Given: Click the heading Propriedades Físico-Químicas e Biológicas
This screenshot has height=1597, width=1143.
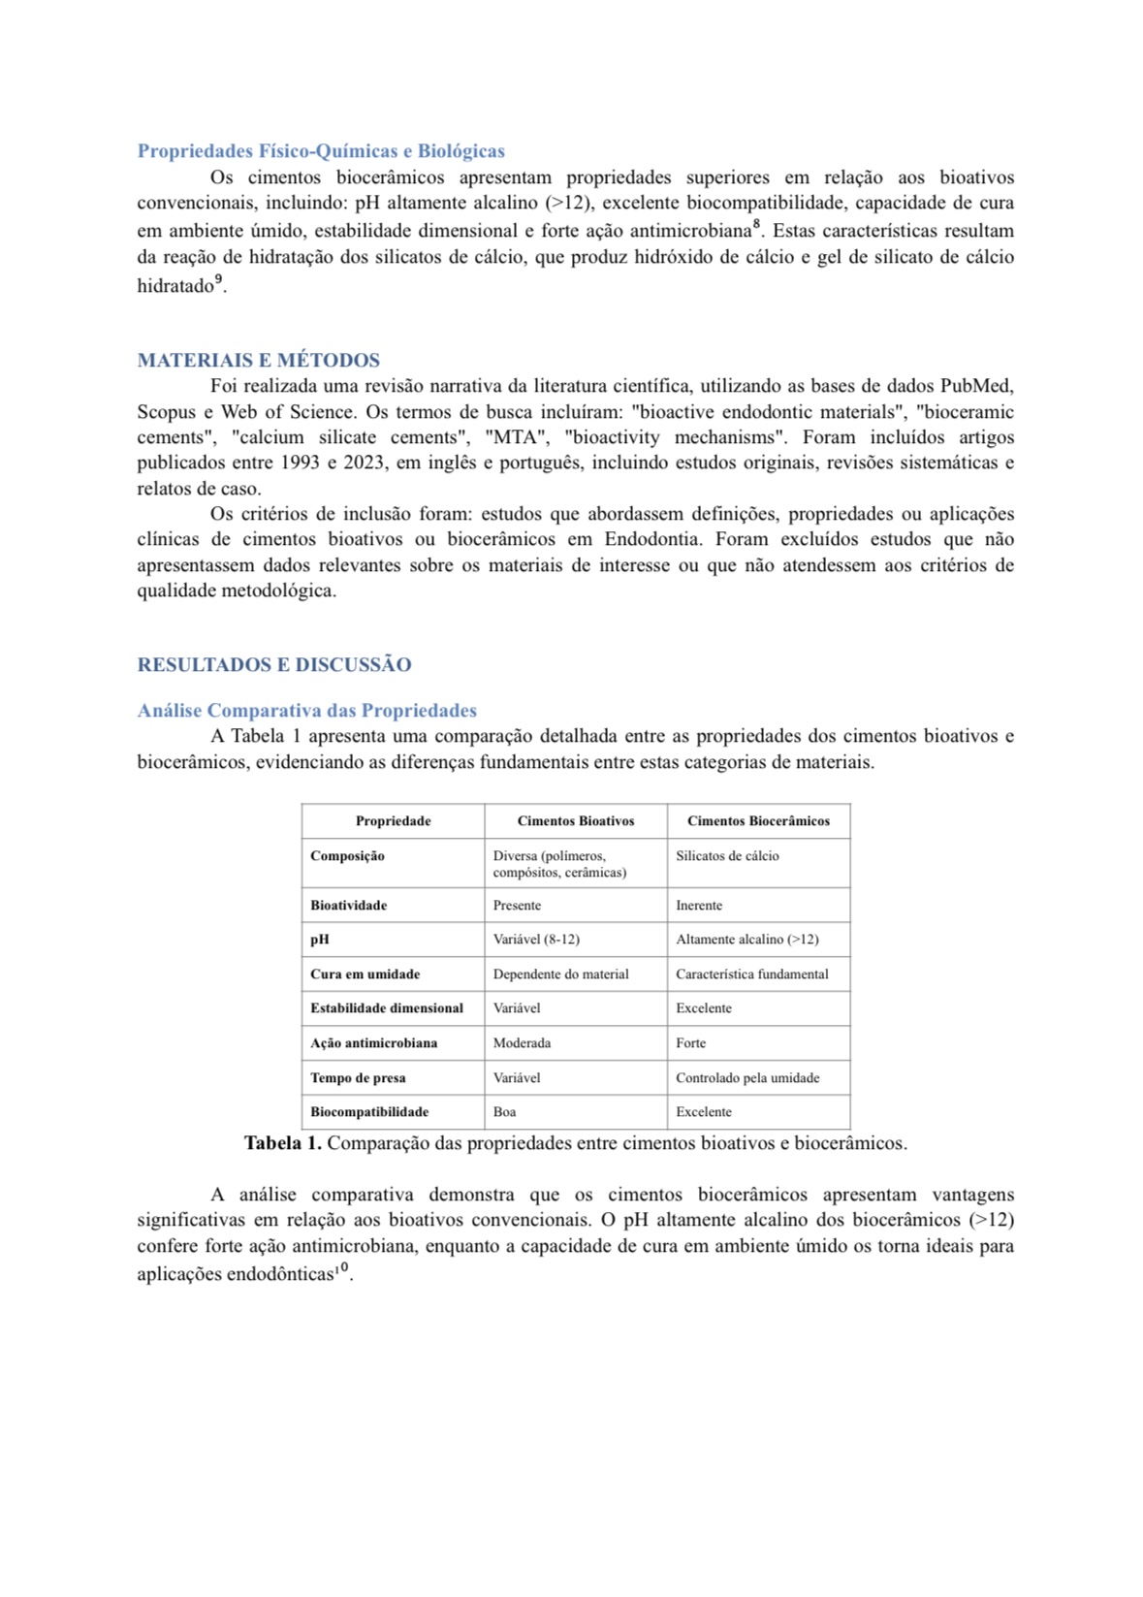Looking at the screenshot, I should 321,151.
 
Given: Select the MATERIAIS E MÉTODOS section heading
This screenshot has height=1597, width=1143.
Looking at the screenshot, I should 258,361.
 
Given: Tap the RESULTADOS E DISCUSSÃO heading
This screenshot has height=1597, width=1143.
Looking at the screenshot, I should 273,665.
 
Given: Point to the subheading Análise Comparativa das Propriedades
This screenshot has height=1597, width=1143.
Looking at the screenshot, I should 306,711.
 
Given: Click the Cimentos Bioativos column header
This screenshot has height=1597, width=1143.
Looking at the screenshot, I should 575,821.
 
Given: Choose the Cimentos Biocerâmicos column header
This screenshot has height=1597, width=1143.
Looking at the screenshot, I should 758,821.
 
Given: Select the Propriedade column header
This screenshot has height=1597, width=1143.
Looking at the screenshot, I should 393,821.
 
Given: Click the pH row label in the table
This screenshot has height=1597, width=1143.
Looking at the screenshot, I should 320,940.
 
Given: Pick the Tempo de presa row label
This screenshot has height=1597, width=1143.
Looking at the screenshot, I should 358,1078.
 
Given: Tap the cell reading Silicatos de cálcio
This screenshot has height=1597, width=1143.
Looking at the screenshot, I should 727,856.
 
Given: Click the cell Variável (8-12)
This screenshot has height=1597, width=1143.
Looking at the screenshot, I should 536,940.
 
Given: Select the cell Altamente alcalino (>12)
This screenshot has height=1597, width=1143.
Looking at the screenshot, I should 746,940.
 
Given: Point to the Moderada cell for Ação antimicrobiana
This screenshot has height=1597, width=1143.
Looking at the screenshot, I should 522,1043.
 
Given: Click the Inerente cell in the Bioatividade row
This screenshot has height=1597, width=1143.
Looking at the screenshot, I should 699,906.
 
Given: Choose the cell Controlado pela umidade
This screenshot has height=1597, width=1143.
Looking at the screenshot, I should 747,1078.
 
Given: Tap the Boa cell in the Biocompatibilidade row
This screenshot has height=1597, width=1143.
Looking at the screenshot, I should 504,1112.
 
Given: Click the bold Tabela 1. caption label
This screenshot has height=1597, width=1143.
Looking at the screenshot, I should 282,1144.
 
